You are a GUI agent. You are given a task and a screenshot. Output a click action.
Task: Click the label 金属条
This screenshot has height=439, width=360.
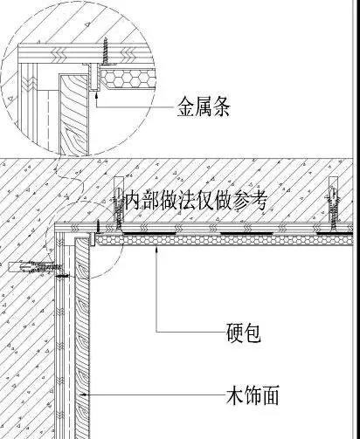point(204,106)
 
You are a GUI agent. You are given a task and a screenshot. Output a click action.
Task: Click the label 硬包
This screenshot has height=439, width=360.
point(244,332)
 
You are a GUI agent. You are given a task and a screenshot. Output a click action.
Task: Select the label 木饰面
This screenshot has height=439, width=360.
point(253,394)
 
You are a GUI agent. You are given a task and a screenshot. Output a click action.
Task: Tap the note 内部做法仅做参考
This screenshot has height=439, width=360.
point(196,200)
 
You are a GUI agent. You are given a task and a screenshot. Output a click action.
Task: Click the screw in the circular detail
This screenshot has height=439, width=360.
point(106,51)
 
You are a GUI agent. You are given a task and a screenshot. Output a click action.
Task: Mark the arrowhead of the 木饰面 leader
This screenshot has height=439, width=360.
point(84,394)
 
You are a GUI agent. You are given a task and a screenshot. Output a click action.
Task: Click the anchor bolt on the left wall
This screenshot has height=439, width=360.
point(35,267)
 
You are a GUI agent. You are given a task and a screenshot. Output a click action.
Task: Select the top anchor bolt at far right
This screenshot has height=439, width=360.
point(334,202)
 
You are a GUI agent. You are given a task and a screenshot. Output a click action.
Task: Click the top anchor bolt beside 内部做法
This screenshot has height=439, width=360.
point(119,202)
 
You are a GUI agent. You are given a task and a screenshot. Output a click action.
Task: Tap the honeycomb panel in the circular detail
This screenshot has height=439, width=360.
point(127,79)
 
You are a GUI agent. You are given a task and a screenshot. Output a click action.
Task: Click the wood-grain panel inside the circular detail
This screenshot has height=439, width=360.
point(74,113)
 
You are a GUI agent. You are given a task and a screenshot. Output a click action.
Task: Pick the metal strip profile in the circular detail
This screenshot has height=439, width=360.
point(93,77)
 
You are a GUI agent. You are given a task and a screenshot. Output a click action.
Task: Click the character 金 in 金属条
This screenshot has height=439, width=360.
point(186,106)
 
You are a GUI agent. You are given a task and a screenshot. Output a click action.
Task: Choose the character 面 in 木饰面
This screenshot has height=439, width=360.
point(270,394)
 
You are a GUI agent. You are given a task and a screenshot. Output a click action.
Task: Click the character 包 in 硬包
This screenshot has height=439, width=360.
point(253,332)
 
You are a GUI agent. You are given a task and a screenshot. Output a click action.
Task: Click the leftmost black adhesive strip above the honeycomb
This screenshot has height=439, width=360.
point(149,233)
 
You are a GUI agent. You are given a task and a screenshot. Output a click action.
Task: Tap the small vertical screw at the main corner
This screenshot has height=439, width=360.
point(99,227)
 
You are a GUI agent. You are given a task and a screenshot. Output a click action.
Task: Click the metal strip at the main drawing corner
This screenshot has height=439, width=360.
point(93,238)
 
